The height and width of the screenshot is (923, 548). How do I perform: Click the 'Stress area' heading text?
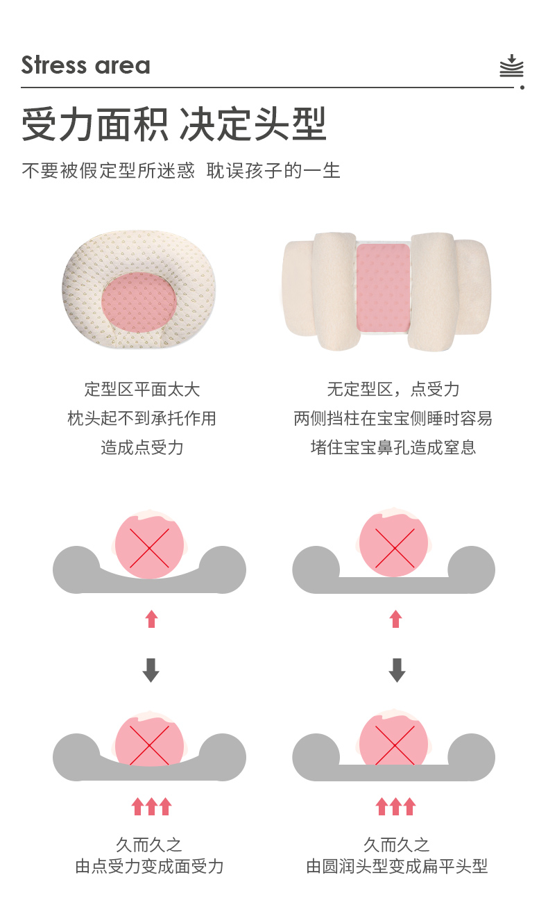tap(85, 65)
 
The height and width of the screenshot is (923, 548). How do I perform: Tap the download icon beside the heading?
tap(511, 65)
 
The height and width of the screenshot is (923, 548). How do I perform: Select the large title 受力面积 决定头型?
tap(174, 124)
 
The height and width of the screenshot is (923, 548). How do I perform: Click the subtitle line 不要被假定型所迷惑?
tap(108, 171)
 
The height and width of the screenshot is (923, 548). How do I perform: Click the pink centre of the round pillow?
tap(139, 302)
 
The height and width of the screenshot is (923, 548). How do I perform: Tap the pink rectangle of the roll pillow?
tap(383, 288)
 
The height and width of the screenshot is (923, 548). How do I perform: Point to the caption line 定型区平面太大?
tap(142, 390)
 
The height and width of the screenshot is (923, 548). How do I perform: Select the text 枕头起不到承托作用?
tap(142, 418)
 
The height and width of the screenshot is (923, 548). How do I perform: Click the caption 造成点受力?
tap(142, 447)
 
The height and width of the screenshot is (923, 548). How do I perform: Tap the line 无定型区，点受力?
tap(393, 390)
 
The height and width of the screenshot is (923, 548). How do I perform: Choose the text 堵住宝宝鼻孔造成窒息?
tap(393, 447)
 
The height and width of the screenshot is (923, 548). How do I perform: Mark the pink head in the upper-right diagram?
tap(394, 544)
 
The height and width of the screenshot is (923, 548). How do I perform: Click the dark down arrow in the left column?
tap(151, 670)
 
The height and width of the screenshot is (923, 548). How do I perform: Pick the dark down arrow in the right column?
tap(397, 670)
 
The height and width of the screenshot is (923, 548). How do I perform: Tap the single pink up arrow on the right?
tap(396, 619)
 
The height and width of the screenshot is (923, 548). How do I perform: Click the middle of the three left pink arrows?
tap(151, 806)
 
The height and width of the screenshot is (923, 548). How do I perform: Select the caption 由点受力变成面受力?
tap(149, 866)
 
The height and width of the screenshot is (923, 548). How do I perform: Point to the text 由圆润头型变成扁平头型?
tap(397, 866)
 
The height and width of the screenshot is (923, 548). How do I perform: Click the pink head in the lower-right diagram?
tap(394, 740)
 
